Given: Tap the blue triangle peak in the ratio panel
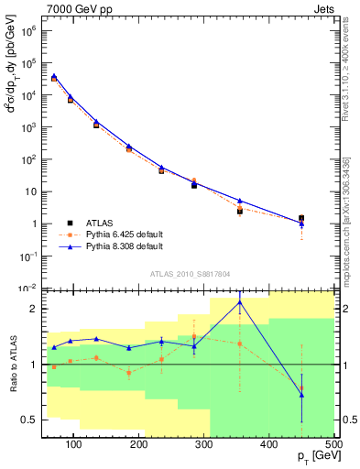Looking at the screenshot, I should (240, 302).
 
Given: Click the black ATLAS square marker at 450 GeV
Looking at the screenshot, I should (301, 218).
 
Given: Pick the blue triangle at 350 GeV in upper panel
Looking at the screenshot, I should (240, 201).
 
